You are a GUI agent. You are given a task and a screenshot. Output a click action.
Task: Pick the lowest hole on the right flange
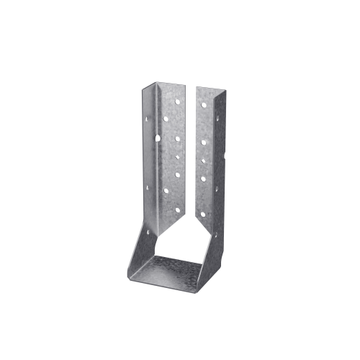pos(202,214)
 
